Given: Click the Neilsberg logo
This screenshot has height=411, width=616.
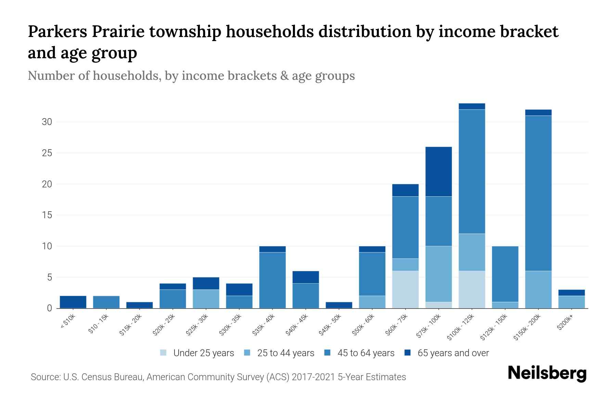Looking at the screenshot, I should (x=547, y=373).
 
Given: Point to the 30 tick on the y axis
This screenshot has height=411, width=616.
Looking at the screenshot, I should (x=47, y=122).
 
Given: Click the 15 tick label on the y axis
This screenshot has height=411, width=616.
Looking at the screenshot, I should (x=47, y=215).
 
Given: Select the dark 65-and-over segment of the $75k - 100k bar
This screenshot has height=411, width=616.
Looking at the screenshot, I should (x=438, y=171).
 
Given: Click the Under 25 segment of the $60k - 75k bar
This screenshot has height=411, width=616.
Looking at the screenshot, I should (x=405, y=289).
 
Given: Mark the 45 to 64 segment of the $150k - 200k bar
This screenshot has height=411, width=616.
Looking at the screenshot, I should (x=538, y=193).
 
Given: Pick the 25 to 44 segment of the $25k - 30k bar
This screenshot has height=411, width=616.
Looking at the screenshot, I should (x=206, y=299).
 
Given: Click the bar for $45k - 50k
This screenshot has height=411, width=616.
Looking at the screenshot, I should (x=339, y=305).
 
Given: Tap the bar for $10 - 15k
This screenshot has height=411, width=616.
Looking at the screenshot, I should (x=106, y=302).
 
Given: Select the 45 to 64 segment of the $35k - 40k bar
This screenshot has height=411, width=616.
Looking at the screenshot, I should (x=272, y=280).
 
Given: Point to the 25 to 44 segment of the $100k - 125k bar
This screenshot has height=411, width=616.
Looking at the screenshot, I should (x=472, y=252).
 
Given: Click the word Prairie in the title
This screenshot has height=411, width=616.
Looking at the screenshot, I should (x=121, y=32).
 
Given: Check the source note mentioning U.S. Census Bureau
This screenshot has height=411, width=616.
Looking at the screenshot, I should (x=218, y=377).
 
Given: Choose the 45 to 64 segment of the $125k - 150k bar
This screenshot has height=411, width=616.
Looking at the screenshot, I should (x=505, y=274).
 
